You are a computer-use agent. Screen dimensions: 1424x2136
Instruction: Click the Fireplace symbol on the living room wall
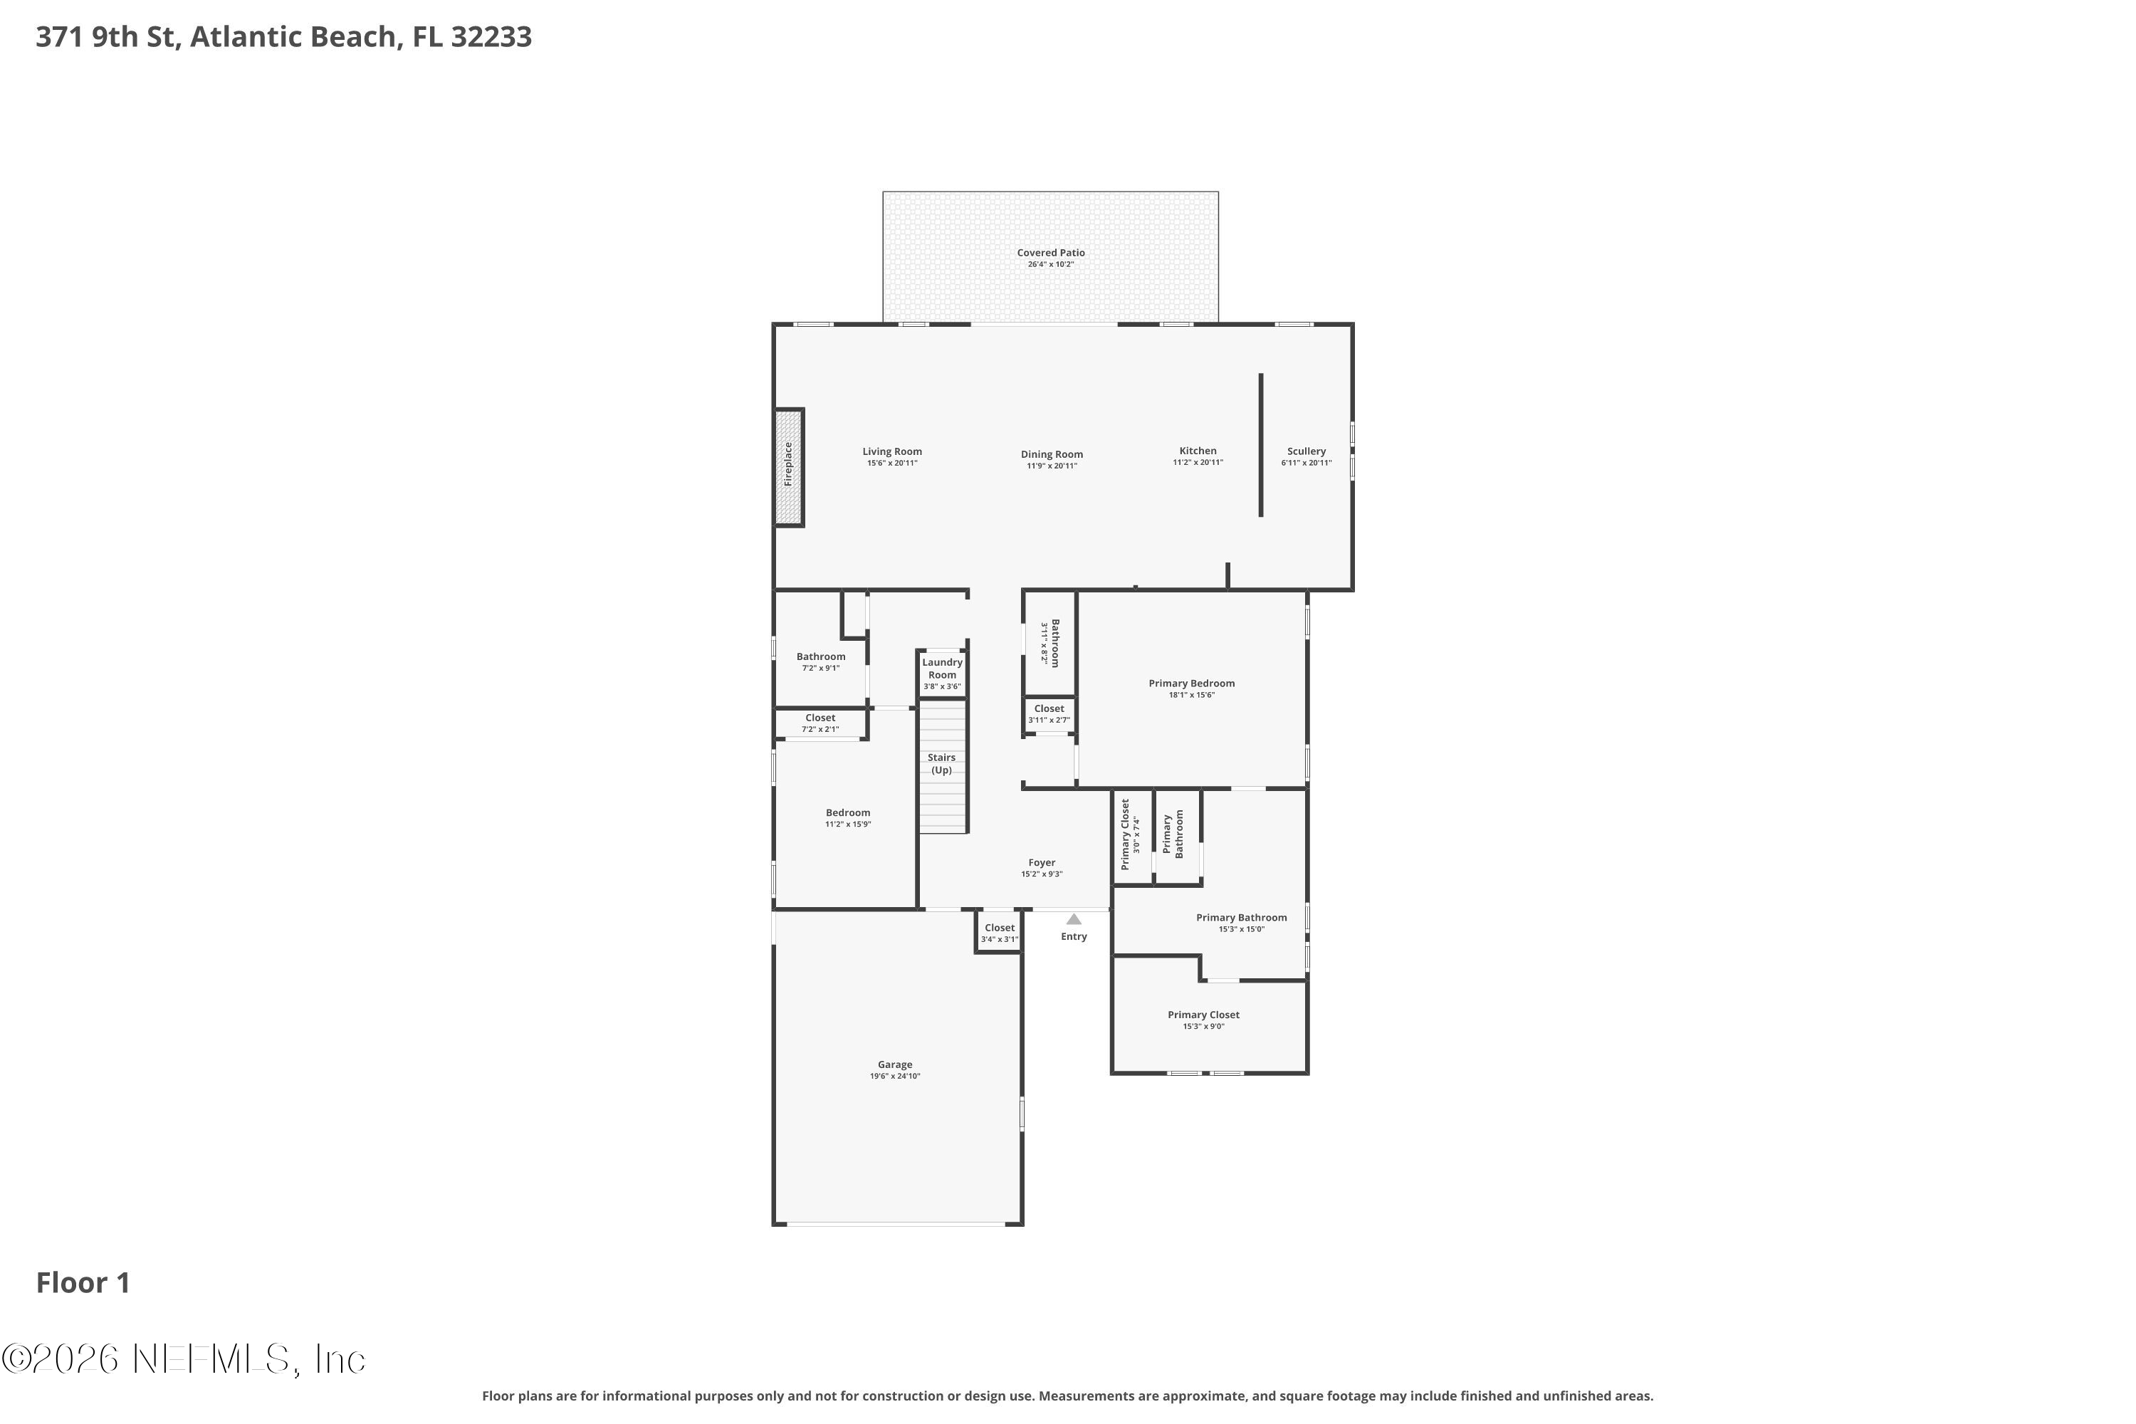(788, 467)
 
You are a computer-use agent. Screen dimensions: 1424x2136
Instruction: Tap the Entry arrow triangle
(1074, 919)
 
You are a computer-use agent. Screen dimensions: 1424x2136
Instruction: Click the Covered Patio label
(1051, 253)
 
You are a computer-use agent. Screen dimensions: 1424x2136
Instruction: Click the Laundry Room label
(942, 669)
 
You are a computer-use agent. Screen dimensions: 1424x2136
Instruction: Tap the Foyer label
(1042, 863)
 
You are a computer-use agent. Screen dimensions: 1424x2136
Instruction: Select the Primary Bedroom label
(1191, 683)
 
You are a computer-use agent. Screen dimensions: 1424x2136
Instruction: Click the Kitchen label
(1197, 451)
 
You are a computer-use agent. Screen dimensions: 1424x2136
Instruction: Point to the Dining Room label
(1052, 454)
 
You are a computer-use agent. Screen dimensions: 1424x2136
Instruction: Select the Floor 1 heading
(83, 1282)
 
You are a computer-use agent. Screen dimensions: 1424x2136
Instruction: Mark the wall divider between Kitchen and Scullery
(1260, 445)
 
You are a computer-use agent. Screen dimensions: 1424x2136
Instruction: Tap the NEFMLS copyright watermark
(184, 1359)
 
